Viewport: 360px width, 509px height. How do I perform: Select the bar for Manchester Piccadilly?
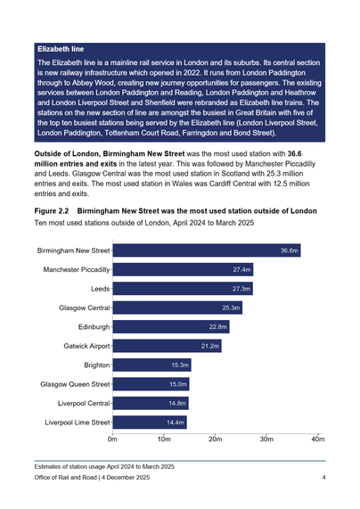184,269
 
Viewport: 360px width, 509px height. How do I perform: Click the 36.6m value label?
289,250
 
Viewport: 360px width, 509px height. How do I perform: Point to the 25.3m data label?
231,308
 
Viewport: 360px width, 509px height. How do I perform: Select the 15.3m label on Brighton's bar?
179,365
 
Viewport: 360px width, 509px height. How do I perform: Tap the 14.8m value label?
176,404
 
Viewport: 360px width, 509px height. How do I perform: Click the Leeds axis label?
100,289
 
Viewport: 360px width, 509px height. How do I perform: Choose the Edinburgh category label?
94,327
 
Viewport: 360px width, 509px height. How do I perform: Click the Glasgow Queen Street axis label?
75,384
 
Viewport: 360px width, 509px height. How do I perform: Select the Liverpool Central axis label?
81,404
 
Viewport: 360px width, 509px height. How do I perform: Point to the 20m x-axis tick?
215,439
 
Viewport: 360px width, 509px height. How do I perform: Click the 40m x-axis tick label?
318,439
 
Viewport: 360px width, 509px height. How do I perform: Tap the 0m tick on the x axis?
113,439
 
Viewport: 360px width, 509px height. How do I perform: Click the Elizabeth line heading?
61,46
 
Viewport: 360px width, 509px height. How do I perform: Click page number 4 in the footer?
324,479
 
